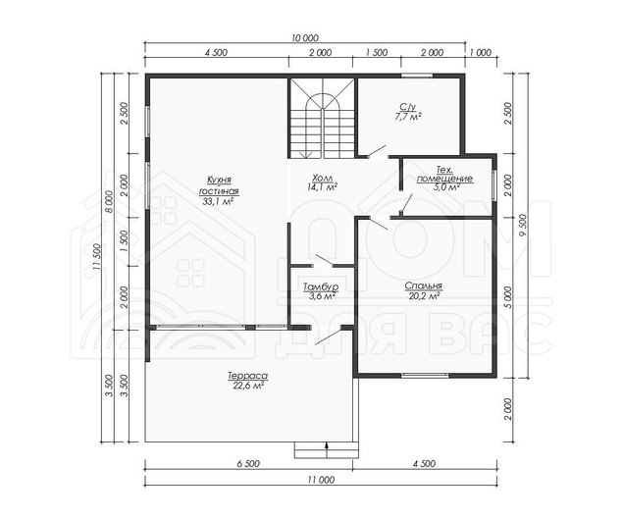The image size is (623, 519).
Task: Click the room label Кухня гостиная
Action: click(219, 185)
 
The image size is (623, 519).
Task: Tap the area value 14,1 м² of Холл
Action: click(322, 186)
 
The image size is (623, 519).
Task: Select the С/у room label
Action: click(408, 107)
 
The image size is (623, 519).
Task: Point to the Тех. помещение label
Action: click(444, 174)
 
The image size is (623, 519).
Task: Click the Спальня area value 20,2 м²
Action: click(424, 295)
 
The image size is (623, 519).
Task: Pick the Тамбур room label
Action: click(321, 286)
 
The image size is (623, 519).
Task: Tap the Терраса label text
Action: click(248, 376)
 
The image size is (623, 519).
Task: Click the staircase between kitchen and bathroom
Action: click(322, 118)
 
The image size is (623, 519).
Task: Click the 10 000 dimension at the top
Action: click(305, 38)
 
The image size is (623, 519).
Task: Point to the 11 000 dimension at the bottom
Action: click(321, 480)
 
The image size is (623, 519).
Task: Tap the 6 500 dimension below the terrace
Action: click(248, 464)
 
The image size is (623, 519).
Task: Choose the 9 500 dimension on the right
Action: click(522, 226)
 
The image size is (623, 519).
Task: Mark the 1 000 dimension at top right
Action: click(481, 52)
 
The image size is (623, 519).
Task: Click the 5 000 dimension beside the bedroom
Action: click(508, 297)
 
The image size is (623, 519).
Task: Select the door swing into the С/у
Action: click(377, 151)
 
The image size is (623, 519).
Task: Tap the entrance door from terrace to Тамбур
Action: click(328, 337)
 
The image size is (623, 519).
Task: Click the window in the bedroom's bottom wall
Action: click(425, 375)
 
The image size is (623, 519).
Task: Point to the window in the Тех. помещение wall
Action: click(494, 185)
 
